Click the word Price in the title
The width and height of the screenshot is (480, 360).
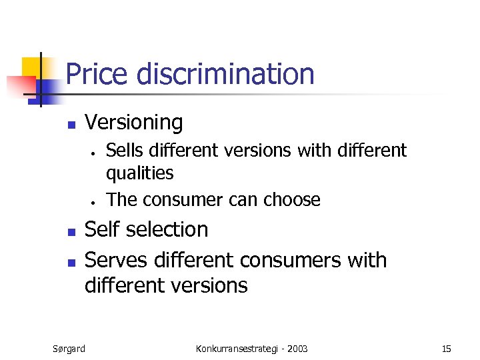(97, 73)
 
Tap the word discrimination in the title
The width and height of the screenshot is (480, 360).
(225, 73)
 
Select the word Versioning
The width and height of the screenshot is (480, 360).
(133, 122)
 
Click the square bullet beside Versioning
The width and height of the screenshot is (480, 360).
(71, 124)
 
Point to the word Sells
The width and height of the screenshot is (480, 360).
(123, 151)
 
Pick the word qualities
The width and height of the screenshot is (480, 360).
(140, 173)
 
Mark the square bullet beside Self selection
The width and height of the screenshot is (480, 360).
(71, 232)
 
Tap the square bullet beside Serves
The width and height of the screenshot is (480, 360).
(71, 261)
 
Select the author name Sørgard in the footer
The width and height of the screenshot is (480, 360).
(69, 348)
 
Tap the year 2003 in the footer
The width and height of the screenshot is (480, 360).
(297, 348)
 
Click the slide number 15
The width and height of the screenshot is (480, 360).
(446, 348)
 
